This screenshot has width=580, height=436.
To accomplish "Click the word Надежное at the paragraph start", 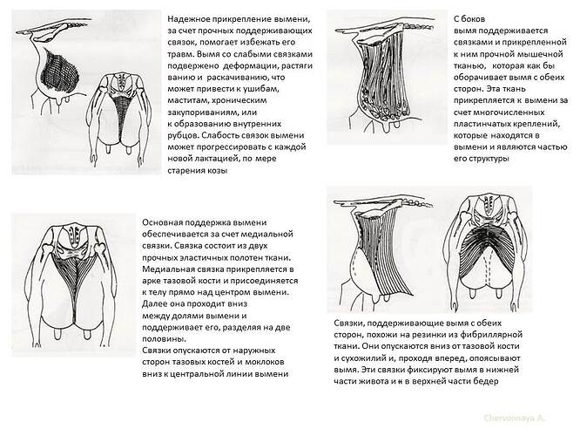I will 191,17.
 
